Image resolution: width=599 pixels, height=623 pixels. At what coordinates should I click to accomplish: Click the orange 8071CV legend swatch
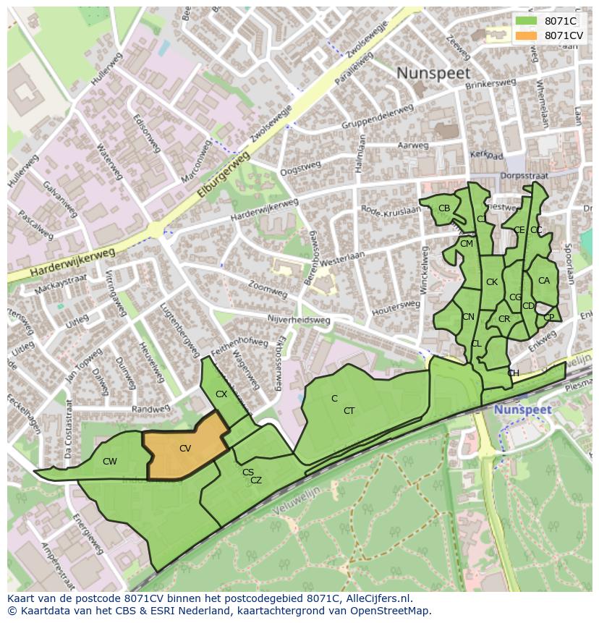[x=526, y=35]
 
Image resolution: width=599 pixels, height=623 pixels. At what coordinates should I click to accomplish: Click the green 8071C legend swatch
[x=526, y=21]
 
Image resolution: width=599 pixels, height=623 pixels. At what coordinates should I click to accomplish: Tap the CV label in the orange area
[x=185, y=449]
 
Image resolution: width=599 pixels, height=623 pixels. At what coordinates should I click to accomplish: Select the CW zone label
[x=110, y=462]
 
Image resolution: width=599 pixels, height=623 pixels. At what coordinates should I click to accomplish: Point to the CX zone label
[x=221, y=394]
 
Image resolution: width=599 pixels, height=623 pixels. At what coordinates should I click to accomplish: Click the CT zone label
[x=349, y=411]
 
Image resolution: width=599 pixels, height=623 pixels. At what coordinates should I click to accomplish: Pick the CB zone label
[x=444, y=208]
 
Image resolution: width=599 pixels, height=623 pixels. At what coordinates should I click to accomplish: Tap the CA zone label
[x=544, y=281]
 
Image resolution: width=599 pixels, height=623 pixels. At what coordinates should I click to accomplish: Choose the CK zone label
[x=492, y=282]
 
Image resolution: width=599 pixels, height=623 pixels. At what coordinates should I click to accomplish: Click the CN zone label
[x=468, y=317]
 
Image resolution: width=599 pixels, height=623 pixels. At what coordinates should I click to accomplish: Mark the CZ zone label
[x=256, y=480]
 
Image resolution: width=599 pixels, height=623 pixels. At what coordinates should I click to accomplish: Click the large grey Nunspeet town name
[x=433, y=73]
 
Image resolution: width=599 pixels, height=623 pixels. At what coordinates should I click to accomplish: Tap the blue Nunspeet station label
[x=522, y=410]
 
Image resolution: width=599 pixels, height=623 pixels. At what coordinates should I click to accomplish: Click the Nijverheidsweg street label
[x=298, y=319]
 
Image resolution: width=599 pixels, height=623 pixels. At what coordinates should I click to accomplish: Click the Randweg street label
[x=151, y=409]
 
